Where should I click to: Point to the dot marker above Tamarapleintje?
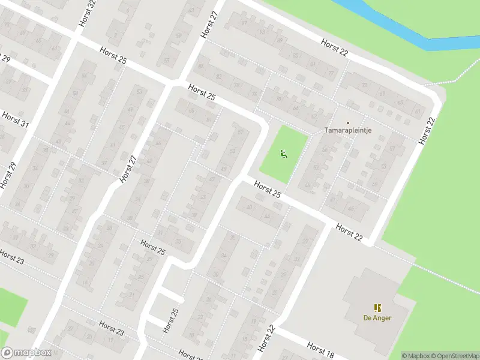coord(347,122)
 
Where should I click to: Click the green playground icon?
coord(283,154)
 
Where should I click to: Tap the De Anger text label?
coord(377,318)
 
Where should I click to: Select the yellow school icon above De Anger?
coord(377,307)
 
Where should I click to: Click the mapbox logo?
coord(26,352)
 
